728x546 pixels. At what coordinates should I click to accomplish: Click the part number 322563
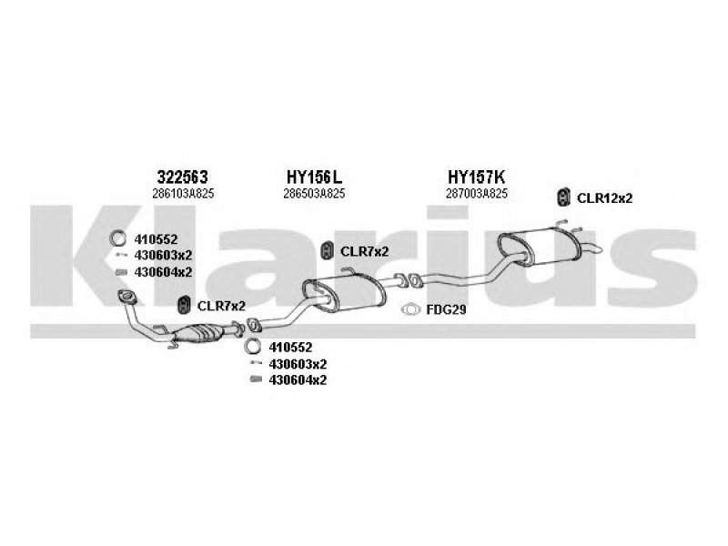(x=182, y=177)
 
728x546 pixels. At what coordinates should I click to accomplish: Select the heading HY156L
(x=314, y=177)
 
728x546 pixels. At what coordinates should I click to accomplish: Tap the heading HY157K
(x=477, y=177)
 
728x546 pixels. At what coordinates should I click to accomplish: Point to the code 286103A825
(x=182, y=194)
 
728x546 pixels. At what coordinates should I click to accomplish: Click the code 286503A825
(x=314, y=194)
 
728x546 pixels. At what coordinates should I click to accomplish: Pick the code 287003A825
(x=477, y=194)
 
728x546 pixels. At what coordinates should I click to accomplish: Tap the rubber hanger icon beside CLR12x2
(x=564, y=197)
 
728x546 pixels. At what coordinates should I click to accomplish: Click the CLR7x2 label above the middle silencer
(x=364, y=250)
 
